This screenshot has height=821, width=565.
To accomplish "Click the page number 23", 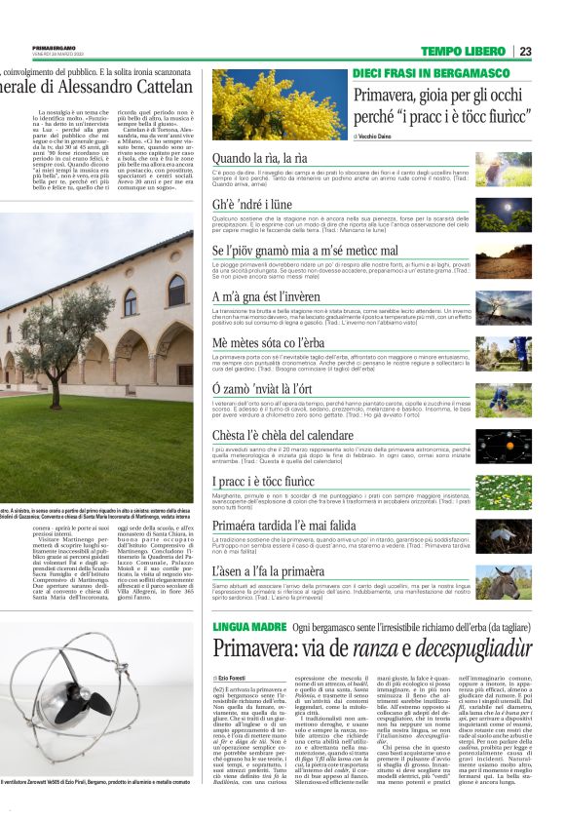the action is pyautogui.click(x=525, y=51).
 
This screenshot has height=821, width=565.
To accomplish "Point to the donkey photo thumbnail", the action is pyautogui.click(x=505, y=581).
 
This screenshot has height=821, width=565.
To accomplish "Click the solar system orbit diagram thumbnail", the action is pyautogui.click(x=505, y=445).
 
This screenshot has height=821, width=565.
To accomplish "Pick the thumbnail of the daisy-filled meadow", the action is pyautogui.click(x=505, y=490).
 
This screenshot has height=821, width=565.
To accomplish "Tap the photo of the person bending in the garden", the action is pyautogui.click(x=505, y=398).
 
